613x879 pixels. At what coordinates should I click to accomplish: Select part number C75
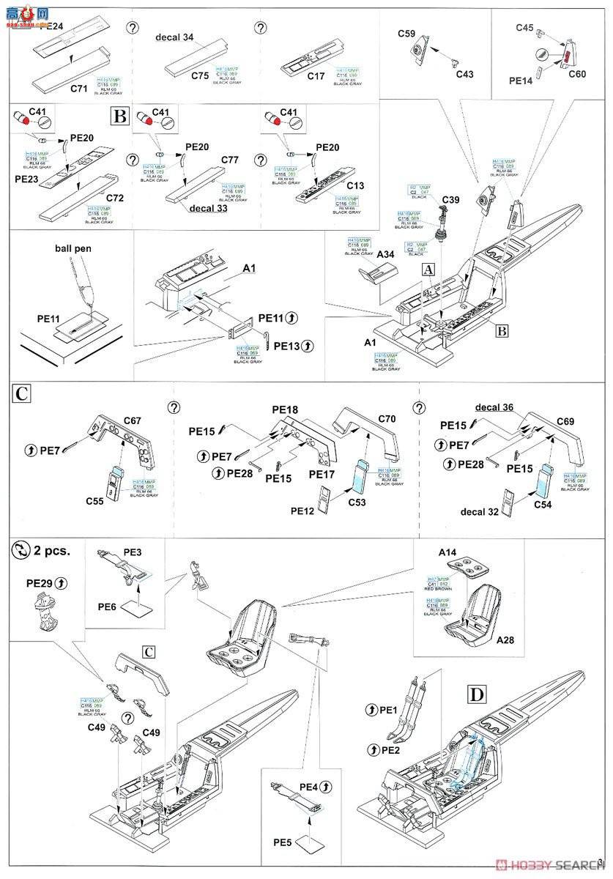point(199,75)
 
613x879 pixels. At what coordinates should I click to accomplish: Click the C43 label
point(464,74)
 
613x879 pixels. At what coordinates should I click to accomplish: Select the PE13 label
point(289,346)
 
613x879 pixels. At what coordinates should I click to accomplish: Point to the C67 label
point(133,420)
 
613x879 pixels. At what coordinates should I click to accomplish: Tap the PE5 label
point(282,842)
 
